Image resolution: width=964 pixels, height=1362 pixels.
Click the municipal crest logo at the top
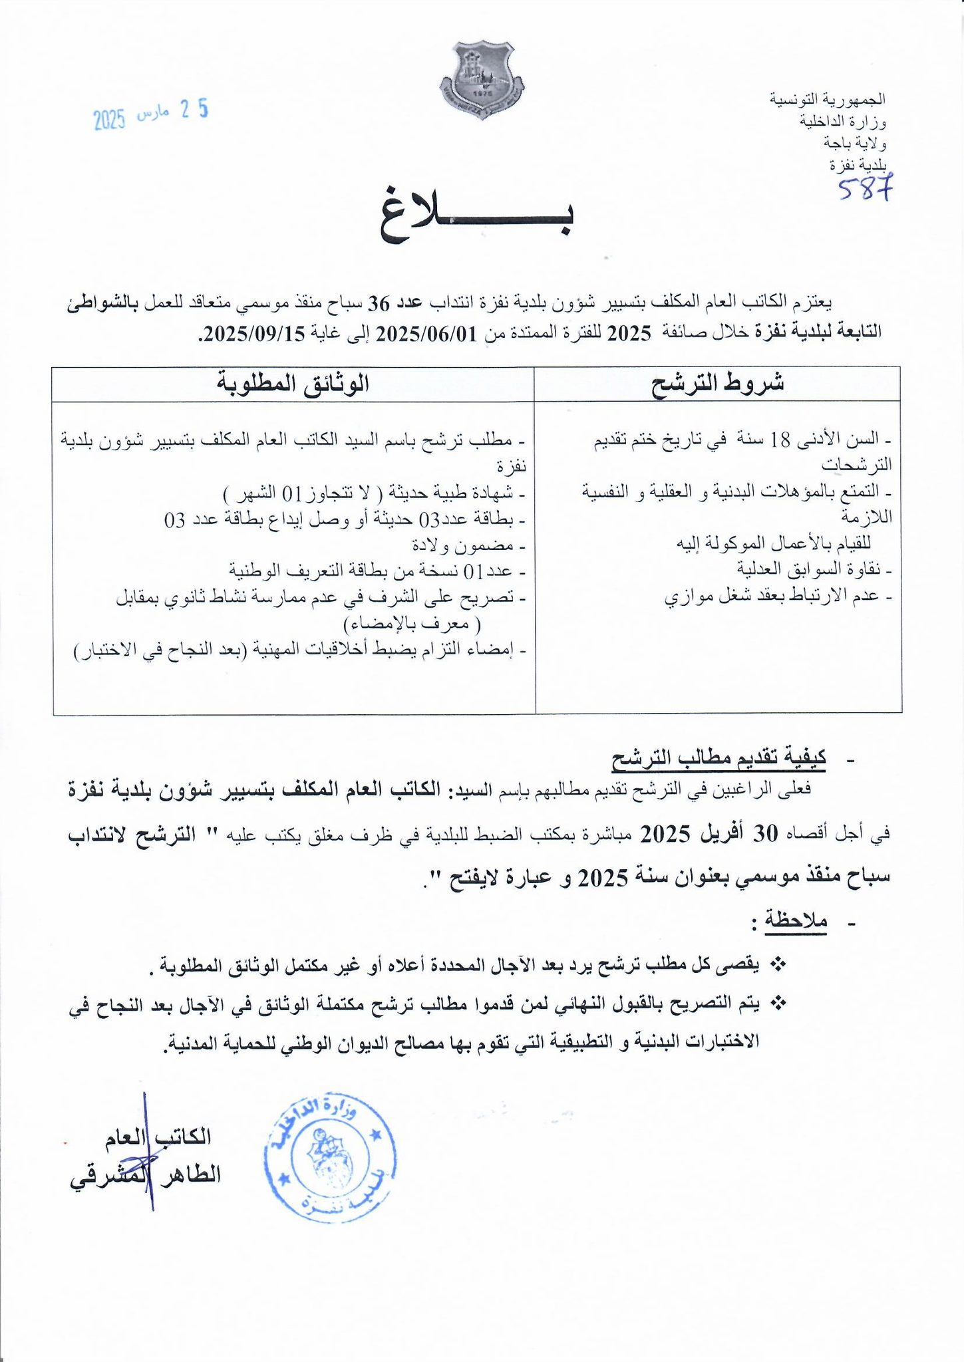[x=482, y=80]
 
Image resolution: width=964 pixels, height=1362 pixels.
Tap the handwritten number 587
[x=864, y=188]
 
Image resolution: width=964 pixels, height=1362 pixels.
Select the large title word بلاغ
[x=476, y=218]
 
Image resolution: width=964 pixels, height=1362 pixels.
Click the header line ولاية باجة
[x=854, y=142]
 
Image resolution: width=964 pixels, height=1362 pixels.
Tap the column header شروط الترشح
[x=717, y=384]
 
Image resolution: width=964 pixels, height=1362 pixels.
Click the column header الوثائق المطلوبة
[x=293, y=384]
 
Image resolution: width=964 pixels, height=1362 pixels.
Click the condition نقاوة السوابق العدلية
[x=813, y=569]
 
